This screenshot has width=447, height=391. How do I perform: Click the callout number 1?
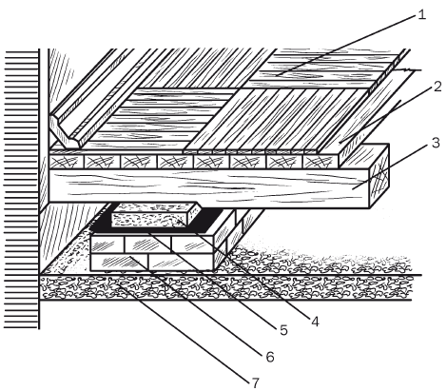tap(421, 14)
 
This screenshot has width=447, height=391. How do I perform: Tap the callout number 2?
tap(437, 87)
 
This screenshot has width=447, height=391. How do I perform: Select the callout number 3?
tap(436, 143)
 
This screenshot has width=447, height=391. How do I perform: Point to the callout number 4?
tap(315, 322)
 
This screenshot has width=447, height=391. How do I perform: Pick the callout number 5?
tap(283, 330)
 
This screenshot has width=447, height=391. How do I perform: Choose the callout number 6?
tap(270, 357)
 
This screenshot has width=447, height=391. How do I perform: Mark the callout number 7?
tap(256, 383)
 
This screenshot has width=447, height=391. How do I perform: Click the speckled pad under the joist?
tap(155, 215)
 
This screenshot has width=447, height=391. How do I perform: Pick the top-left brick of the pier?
tap(107, 244)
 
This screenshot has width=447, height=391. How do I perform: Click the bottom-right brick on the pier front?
tap(181, 262)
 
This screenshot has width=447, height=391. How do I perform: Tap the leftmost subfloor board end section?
tap(67, 162)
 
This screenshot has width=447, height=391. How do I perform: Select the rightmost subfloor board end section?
tap(321, 162)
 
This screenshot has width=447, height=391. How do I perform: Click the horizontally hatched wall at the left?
tap(22, 188)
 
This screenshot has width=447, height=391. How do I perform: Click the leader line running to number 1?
tap(346, 45)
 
